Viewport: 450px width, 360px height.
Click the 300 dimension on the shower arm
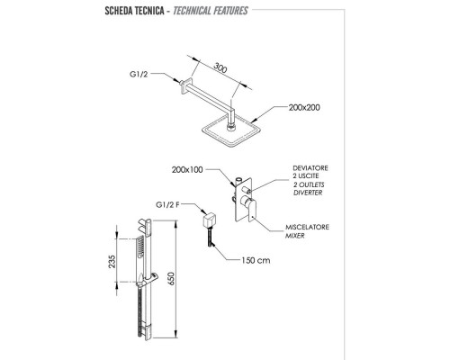tap(220, 67)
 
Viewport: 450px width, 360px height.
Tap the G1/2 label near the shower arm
tap(139, 74)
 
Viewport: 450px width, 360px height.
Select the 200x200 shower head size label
tap(304, 107)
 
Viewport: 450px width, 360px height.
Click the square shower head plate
tap(230, 131)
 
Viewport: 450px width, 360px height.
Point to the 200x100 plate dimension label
tap(187, 170)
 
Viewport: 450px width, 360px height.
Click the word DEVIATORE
tap(310, 168)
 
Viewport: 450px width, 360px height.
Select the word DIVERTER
tap(308, 193)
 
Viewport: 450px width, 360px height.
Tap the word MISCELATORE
tap(307, 227)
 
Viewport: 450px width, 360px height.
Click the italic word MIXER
tap(294, 236)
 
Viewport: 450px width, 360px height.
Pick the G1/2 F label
tap(167, 205)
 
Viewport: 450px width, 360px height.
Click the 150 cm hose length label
tap(256, 260)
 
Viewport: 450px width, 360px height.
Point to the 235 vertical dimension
tap(112, 262)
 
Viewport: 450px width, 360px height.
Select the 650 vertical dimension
tap(170, 279)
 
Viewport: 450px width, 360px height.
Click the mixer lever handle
tap(251, 208)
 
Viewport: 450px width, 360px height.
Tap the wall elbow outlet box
tap(209, 220)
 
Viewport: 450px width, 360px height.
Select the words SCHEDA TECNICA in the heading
tap(134, 11)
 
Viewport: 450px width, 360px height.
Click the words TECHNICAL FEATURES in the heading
tap(211, 11)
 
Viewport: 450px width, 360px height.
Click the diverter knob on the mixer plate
tap(247, 190)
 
